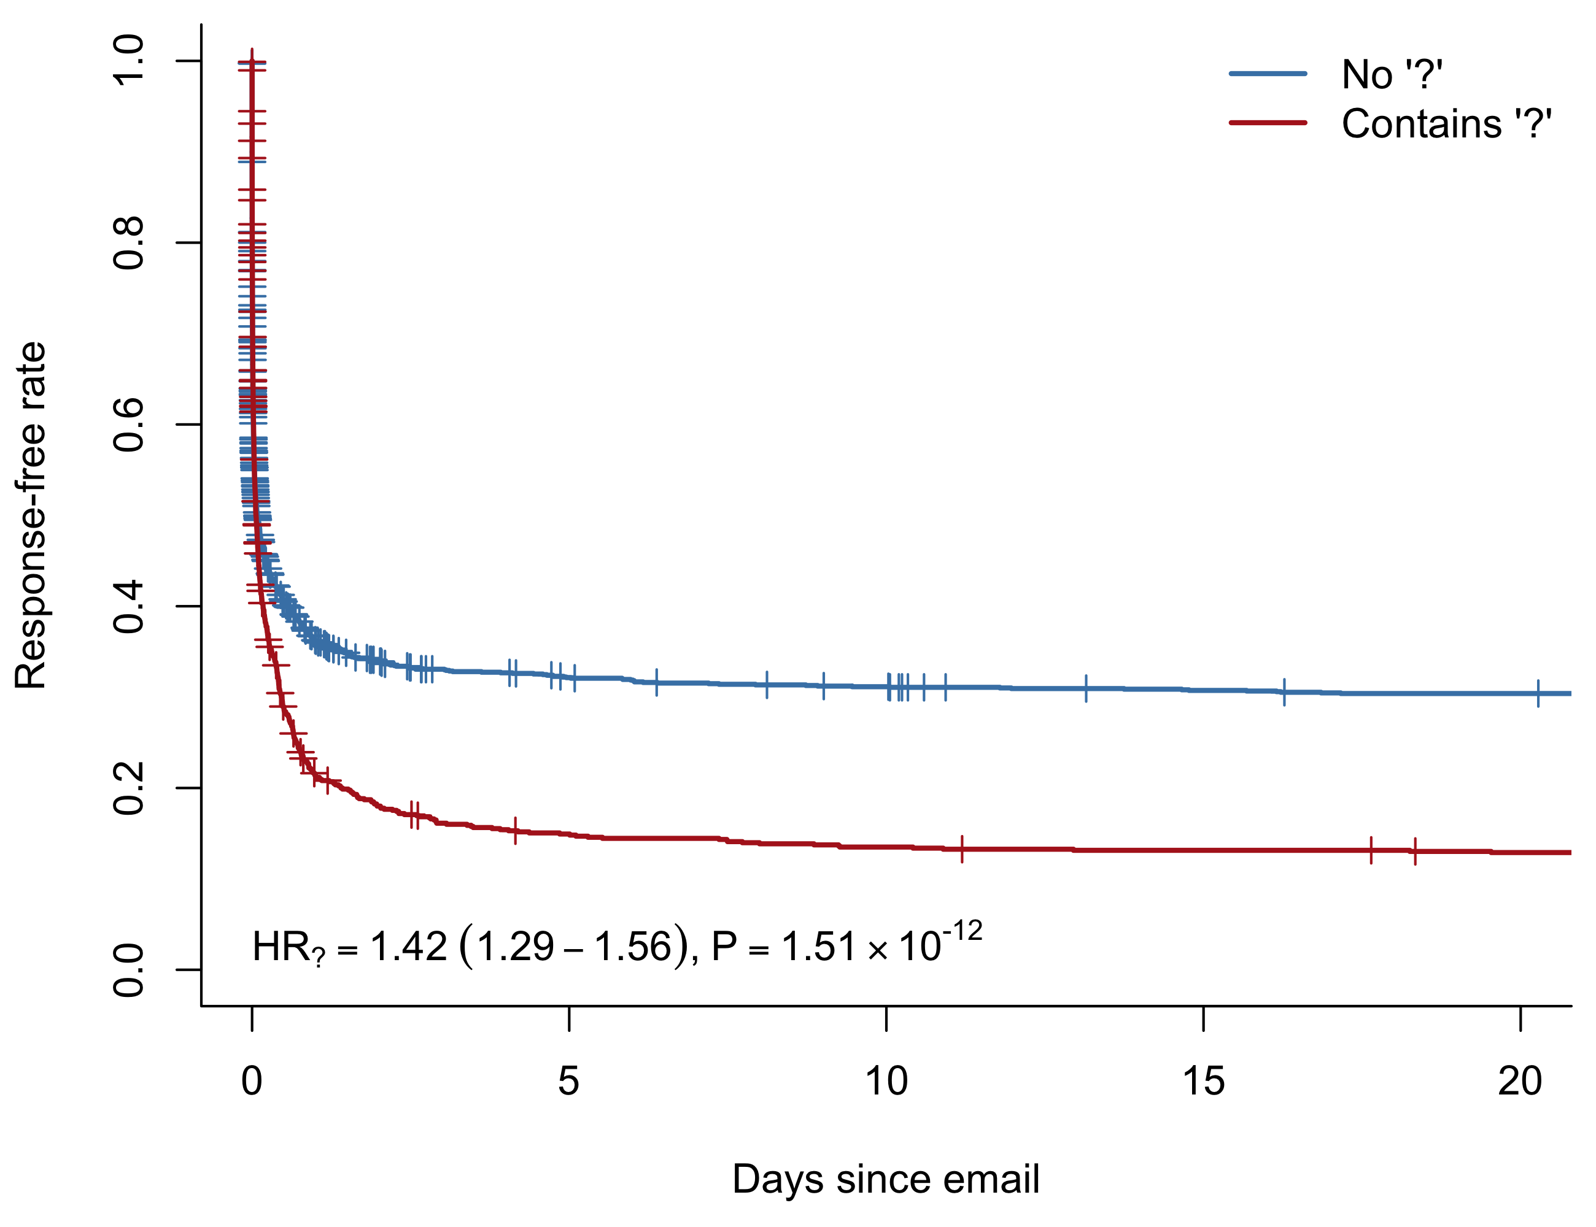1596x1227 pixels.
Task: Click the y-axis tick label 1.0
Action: point(129,61)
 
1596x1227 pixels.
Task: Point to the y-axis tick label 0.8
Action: point(129,242)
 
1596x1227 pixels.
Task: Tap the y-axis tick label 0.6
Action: point(129,425)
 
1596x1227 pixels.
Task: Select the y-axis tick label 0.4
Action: point(129,606)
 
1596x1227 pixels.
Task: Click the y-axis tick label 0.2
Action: point(129,788)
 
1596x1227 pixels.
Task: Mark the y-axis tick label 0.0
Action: point(129,970)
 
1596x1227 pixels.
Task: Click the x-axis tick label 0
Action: point(252,1081)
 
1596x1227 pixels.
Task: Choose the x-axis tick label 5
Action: point(568,1081)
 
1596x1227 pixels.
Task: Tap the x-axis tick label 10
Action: point(886,1081)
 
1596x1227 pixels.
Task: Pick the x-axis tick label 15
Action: point(1203,1081)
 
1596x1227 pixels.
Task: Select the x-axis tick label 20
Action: point(1520,1081)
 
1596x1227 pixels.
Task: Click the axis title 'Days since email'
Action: point(886,1179)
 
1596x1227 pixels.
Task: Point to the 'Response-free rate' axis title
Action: point(31,515)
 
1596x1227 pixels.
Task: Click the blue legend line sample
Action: point(1268,74)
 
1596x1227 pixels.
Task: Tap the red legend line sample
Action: point(1268,123)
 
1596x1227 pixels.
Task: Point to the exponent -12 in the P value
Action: point(962,932)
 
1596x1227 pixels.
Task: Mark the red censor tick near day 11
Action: point(962,848)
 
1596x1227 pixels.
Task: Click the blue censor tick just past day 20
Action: point(1538,693)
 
